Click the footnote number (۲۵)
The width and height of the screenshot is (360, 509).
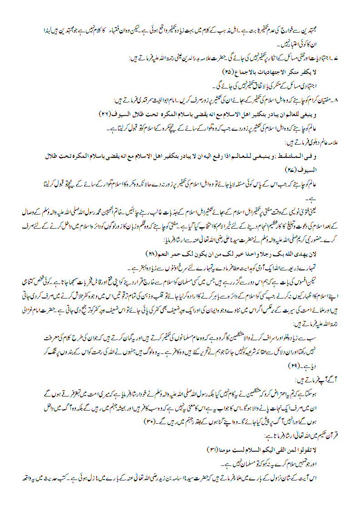pos(228,72)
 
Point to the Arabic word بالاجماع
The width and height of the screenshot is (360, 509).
pos(245,72)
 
